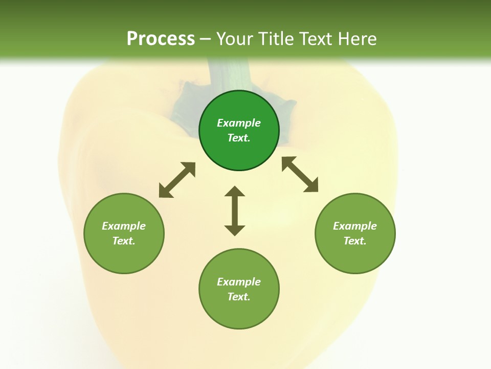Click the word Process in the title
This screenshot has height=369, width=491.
point(161,39)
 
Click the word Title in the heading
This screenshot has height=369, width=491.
point(276,39)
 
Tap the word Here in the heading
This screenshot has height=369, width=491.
point(358,39)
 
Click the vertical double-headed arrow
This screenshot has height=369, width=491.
point(235,211)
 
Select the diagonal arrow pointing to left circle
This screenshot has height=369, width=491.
point(177,180)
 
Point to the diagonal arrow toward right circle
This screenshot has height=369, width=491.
point(300,174)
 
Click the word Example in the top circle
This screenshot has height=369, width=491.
point(239,123)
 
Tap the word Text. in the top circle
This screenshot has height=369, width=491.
point(239,138)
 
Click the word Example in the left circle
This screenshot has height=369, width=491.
point(124,226)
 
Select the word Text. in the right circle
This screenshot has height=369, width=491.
point(355,241)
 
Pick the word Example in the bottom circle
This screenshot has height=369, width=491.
point(239,282)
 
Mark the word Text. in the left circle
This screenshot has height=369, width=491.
point(124,241)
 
